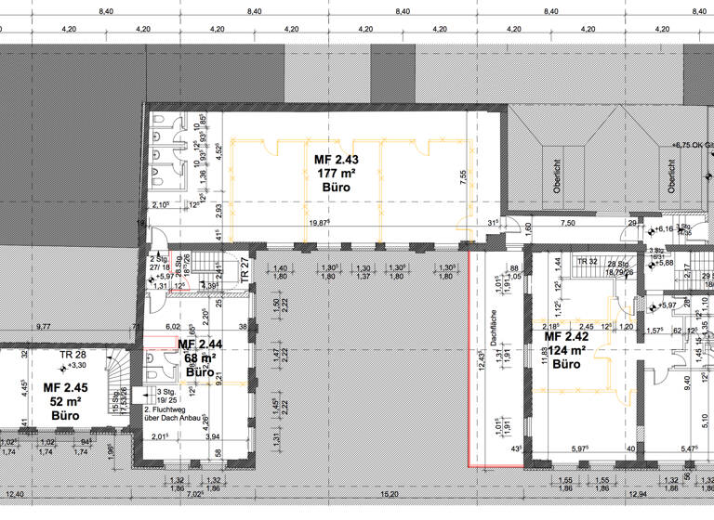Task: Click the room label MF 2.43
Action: coord(336,161)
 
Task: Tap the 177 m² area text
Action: coord(336,174)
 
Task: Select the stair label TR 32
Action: coord(588,263)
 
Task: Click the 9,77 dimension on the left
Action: coord(43,327)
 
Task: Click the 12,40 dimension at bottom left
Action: coord(14,495)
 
